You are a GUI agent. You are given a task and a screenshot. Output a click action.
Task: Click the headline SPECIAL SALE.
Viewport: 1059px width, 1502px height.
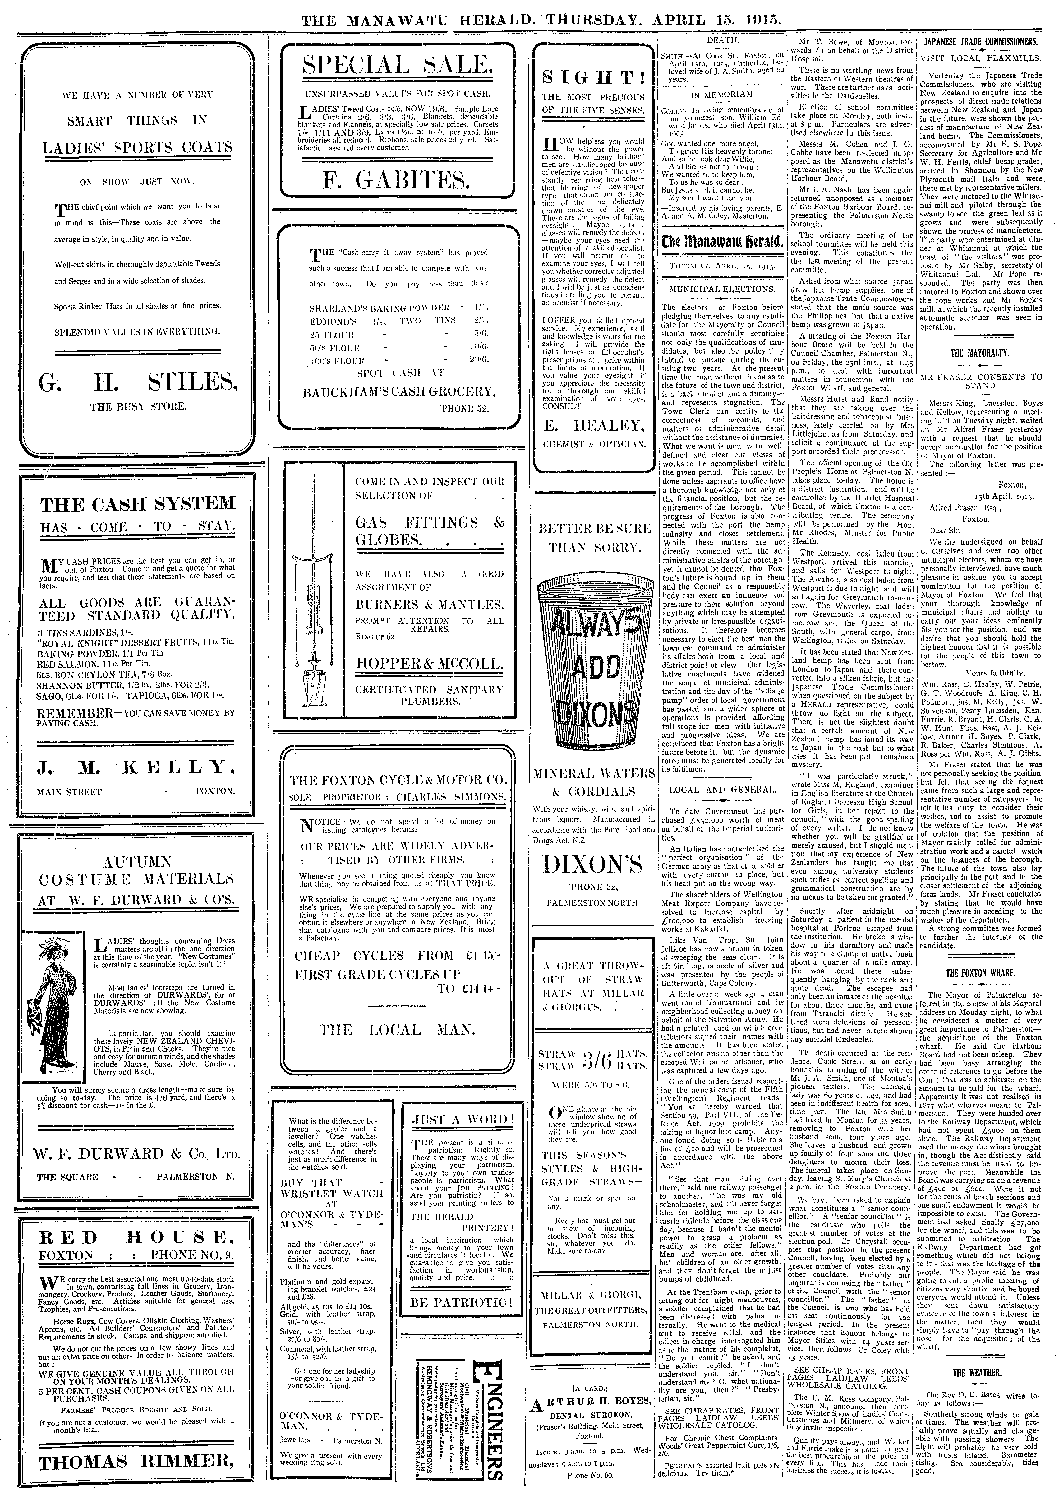(397, 65)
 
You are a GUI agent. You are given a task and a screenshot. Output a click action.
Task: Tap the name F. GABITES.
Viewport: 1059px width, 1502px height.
(397, 179)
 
